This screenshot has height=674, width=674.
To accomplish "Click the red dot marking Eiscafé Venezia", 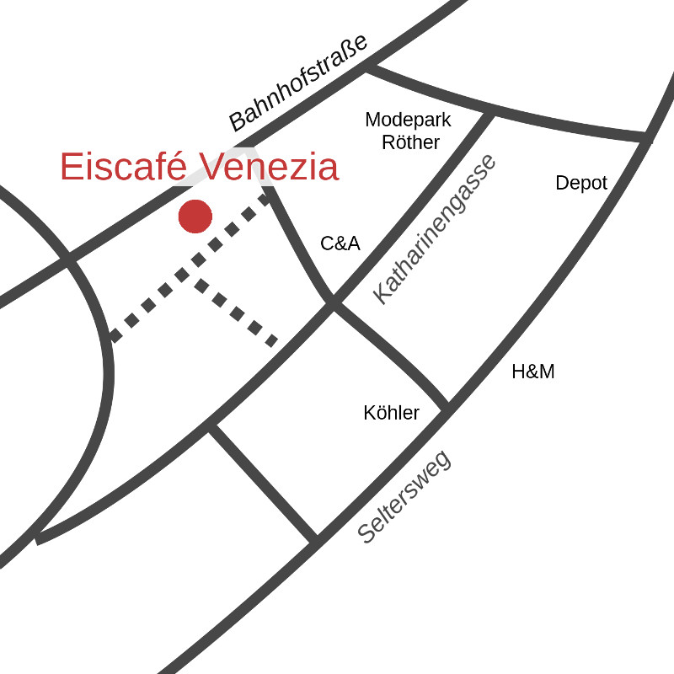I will [195, 217].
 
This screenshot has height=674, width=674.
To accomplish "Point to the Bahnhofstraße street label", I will [299, 83].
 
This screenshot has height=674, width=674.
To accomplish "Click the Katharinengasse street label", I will [436, 228].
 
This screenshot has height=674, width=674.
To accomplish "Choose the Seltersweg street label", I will [404, 498].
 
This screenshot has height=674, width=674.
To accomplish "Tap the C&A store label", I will [340, 244].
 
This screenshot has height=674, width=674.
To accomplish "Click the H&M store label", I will [533, 372].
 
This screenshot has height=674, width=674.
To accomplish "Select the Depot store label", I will [581, 183].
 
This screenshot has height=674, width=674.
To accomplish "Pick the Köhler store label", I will [391, 413].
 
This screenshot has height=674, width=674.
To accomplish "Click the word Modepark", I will [408, 120].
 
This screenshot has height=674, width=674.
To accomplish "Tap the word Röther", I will [410, 142].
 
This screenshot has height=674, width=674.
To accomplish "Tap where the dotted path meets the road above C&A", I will [269, 196].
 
